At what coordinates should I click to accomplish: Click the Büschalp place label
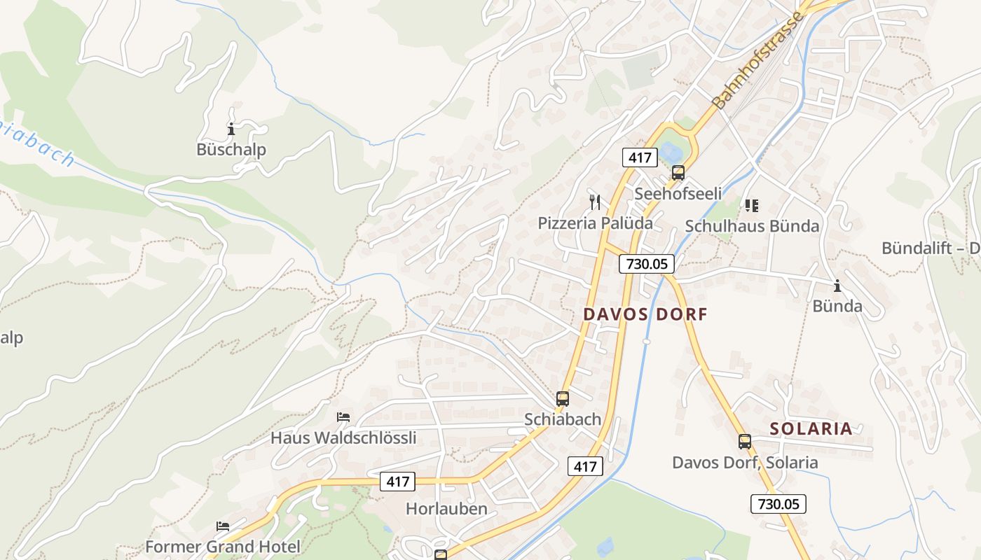[231, 150]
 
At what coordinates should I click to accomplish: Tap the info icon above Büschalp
[231, 129]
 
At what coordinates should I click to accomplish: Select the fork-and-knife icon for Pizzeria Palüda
[595, 203]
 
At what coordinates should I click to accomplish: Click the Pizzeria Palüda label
[595, 223]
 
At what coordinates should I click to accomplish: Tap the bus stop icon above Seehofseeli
[678, 173]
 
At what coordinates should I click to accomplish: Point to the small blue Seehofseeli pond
[670, 152]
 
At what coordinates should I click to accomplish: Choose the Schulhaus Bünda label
[752, 226]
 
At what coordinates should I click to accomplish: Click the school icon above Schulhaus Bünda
[752, 206]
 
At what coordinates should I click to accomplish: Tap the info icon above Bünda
[837, 286]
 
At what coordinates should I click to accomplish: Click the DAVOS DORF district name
[645, 314]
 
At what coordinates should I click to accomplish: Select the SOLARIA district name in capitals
[811, 429]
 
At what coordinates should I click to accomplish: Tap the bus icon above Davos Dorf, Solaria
[744, 442]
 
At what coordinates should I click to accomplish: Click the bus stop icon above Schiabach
[562, 399]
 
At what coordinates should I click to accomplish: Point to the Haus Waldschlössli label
[343, 438]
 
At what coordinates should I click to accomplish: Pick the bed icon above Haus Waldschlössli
[343, 417]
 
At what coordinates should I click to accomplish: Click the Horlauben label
[446, 509]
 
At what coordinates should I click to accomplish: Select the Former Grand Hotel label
[222, 547]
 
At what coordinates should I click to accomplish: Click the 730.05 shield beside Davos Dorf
[646, 264]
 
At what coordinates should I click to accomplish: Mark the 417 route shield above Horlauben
[397, 482]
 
